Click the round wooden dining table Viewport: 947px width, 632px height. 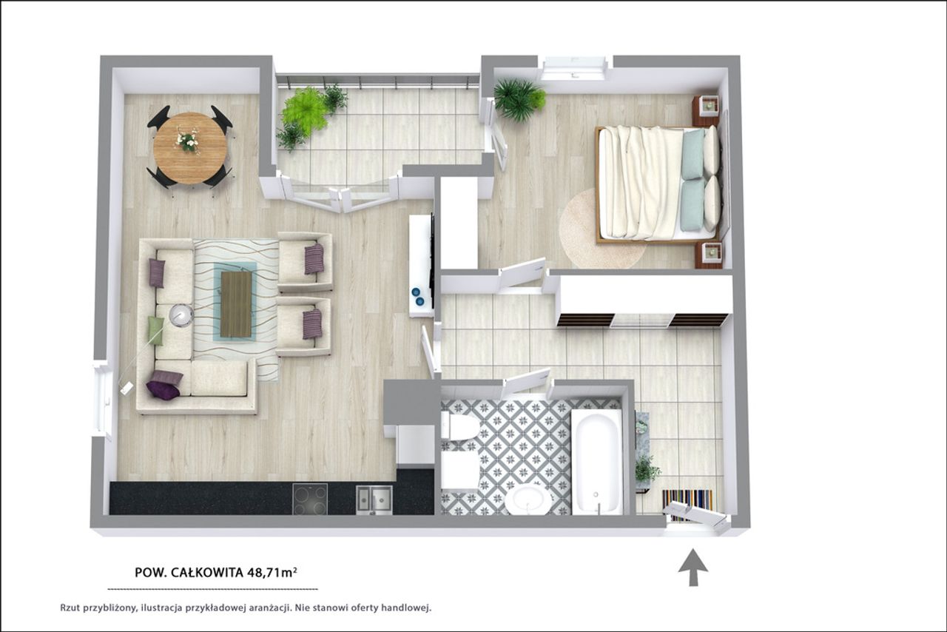click(190, 148)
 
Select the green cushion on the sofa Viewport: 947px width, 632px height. click(155, 330)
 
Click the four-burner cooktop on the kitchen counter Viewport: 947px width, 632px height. click(310, 499)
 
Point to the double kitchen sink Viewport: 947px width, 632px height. click(374, 500)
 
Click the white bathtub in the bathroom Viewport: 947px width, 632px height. click(596, 463)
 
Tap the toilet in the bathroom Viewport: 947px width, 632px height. click(459, 427)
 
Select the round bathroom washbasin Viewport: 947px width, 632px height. click(529, 501)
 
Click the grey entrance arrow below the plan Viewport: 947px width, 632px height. click(693, 568)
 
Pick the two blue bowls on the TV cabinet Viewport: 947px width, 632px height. click(418, 296)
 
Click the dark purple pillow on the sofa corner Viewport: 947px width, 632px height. click(164, 391)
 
